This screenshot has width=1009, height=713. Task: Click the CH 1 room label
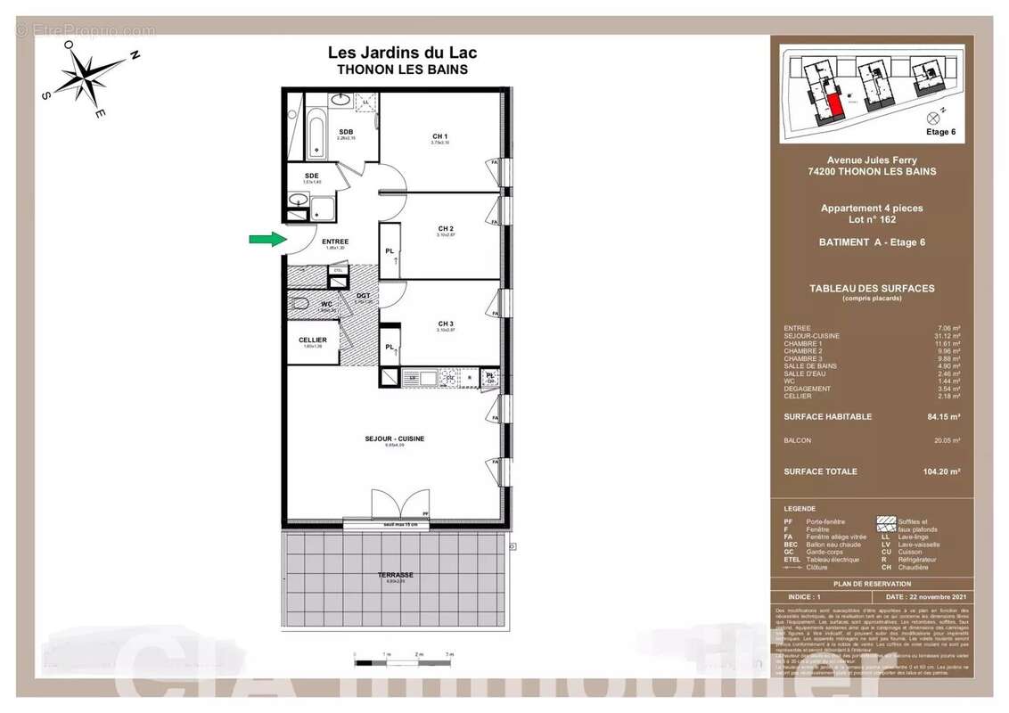click(439, 136)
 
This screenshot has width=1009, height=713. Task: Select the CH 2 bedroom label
click(446, 229)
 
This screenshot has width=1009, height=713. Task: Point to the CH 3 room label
click(446, 323)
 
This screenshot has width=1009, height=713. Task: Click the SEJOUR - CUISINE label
click(394, 438)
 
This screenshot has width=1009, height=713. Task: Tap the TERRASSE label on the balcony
click(395, 575)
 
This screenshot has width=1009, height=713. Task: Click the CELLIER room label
click(313, 340)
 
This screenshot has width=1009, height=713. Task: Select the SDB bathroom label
click(346, 132)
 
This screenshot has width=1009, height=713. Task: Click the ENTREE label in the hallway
click(335, 242)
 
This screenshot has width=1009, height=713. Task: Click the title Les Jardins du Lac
click(402, 53)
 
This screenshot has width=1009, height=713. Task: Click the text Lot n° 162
click(872, 219)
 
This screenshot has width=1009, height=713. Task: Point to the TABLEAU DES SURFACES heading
click(871, 288)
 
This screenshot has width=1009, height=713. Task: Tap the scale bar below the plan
click(404, 662)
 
